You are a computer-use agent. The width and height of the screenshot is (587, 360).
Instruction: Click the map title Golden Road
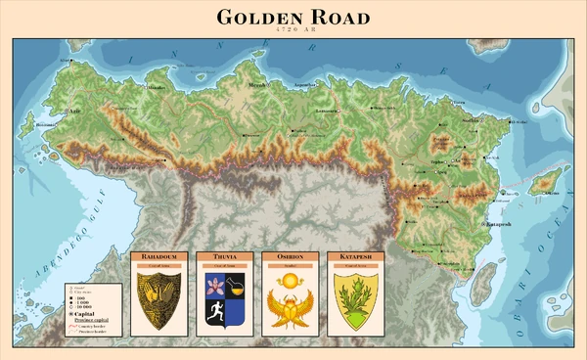point(293,17)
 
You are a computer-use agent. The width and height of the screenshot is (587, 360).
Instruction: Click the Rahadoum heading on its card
point(158,256)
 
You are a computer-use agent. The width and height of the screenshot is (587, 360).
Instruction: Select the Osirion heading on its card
point(289,256)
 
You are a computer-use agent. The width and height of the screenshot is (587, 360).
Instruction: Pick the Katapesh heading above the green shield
point(354,256)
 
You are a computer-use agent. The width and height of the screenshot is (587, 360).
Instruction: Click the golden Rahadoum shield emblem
point(158,300)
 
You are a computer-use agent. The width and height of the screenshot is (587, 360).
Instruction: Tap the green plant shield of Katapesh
point(354,300)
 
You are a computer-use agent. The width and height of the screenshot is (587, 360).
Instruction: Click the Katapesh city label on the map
point(499,225)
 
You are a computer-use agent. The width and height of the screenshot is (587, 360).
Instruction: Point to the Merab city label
point(257,86)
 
